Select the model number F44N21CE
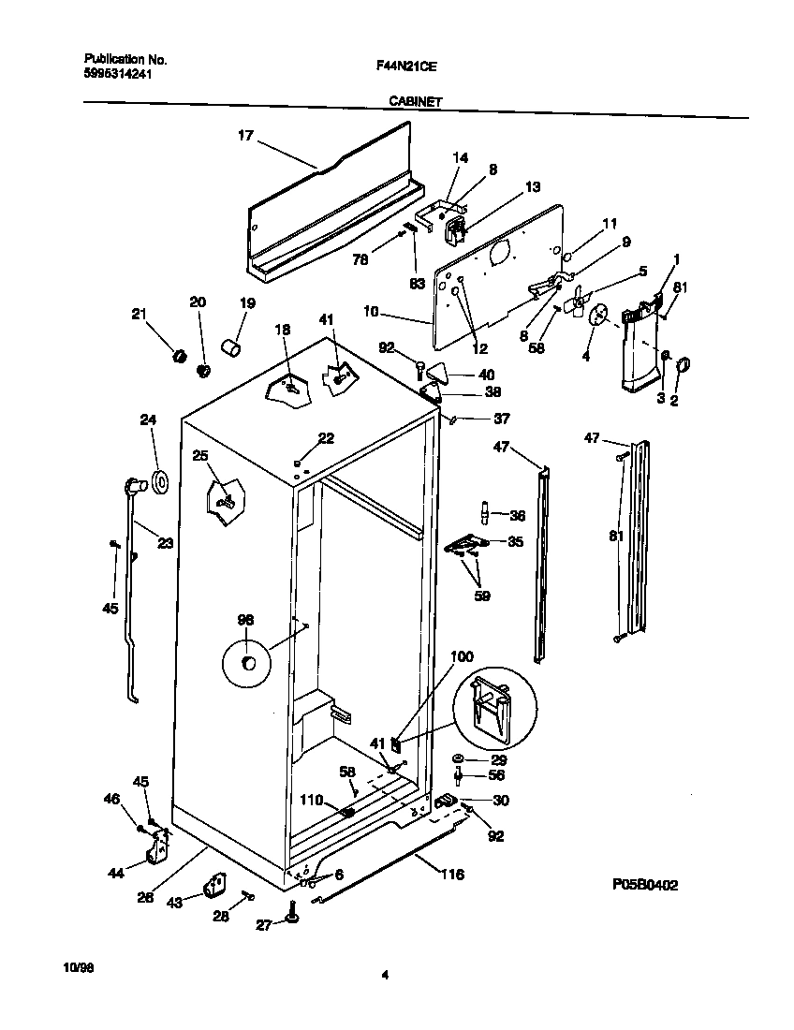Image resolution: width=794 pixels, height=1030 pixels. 406,66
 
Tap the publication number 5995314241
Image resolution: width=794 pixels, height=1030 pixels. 111,74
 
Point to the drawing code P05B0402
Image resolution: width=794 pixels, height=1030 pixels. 645,883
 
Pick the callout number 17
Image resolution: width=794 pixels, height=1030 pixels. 245,136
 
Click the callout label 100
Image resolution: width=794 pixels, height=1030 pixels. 462,656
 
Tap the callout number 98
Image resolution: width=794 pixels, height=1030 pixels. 245,619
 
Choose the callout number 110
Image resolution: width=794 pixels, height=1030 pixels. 311,801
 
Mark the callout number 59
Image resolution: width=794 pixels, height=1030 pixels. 482,595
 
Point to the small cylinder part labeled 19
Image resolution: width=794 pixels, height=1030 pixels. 230,349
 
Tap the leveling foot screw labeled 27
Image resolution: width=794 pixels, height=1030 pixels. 294,923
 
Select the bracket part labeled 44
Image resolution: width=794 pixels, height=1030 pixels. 158,851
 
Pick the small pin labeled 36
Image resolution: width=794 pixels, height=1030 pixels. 486,514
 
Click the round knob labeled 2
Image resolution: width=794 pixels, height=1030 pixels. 681,364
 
